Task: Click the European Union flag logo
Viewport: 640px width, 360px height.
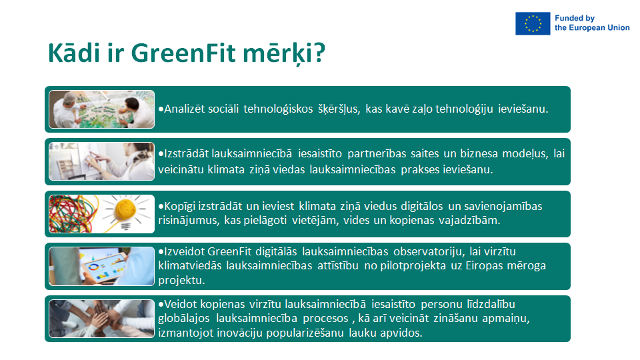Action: click(x=533, y=24)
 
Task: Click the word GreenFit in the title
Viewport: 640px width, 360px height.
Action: click(x=183, y=53)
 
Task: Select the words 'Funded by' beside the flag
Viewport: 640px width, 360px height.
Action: click(x=574, y=19)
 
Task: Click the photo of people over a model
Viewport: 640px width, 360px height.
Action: click(x=101, y=109)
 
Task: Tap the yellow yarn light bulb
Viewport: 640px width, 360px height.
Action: click(x=127, y=212)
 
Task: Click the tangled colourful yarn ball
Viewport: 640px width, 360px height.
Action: click(x=73, y=214)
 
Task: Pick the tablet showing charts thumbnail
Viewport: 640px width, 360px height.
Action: click(x=101, y=266)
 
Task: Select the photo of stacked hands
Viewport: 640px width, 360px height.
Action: click(x=101, y=319)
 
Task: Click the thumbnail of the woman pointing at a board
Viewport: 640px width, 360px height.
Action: click(x=101, y=161)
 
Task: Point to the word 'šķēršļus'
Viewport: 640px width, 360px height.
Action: click(x=339, y=109)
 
